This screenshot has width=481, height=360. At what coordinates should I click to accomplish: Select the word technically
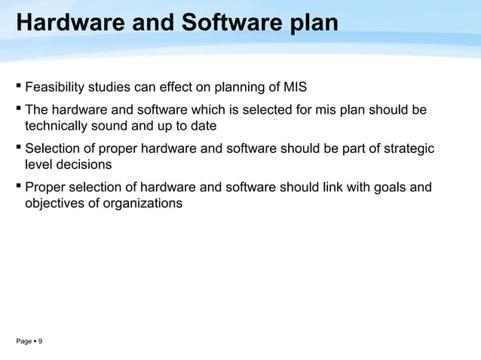(60, 126)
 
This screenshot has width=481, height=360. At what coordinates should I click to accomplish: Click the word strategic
(407, 149)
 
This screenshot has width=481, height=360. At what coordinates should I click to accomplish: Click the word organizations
(143, 203)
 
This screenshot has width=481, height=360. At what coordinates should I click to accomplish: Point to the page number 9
(40, 342)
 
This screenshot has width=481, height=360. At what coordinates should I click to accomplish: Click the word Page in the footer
(24, 342)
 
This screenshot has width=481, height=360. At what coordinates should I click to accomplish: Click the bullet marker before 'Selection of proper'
(18, 148)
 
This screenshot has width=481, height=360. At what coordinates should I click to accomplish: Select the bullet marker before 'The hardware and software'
(18, 110)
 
